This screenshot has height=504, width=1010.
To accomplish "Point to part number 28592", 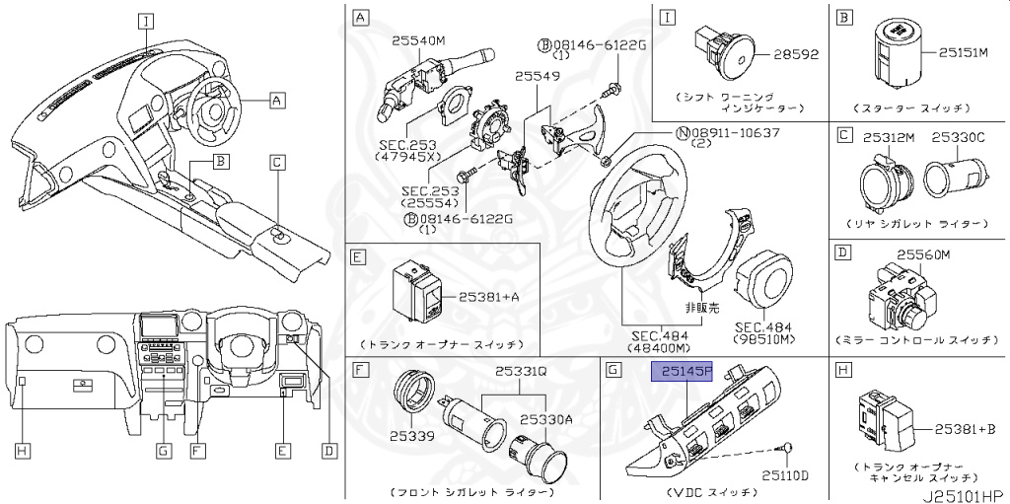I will coord(796,53).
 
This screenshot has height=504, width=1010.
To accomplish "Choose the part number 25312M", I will coord(890,138).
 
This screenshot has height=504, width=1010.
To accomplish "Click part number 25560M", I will coord(922,254).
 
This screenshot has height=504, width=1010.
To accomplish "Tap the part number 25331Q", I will coord(520,373).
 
